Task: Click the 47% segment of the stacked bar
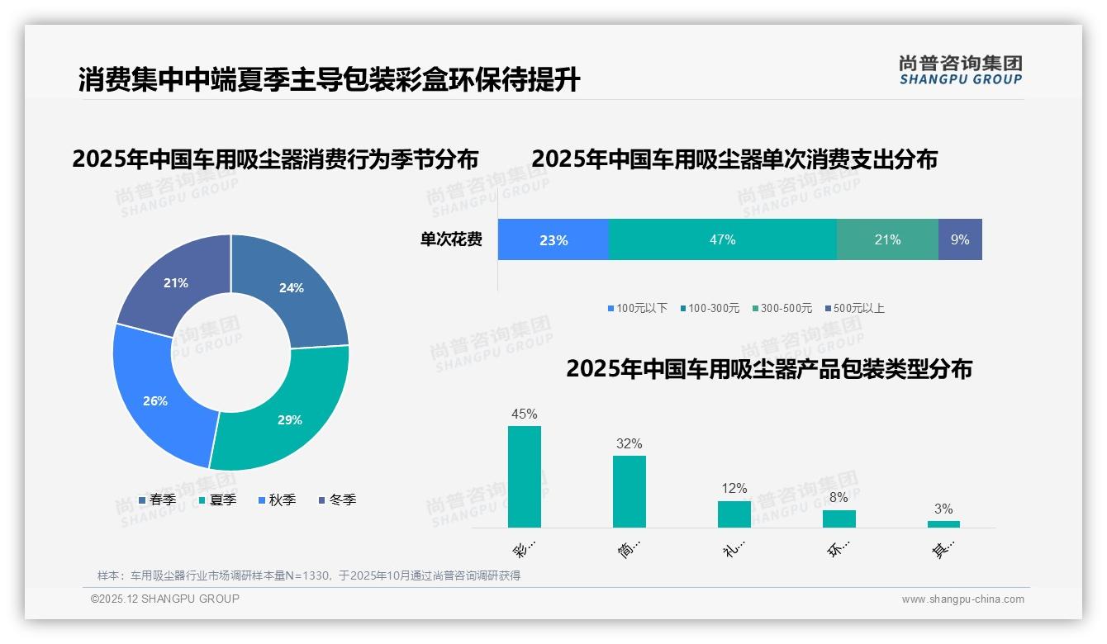point(722,239)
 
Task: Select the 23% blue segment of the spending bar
point(553,239)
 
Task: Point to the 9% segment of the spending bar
point(960,239)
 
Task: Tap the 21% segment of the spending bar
point(887,239)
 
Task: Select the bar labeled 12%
point(734,514)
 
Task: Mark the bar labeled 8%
point(839,519)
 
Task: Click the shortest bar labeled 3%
point(943,523)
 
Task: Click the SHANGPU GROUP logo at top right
point(960,69)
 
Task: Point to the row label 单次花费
point(451,239)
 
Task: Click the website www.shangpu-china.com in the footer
point(962,599)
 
